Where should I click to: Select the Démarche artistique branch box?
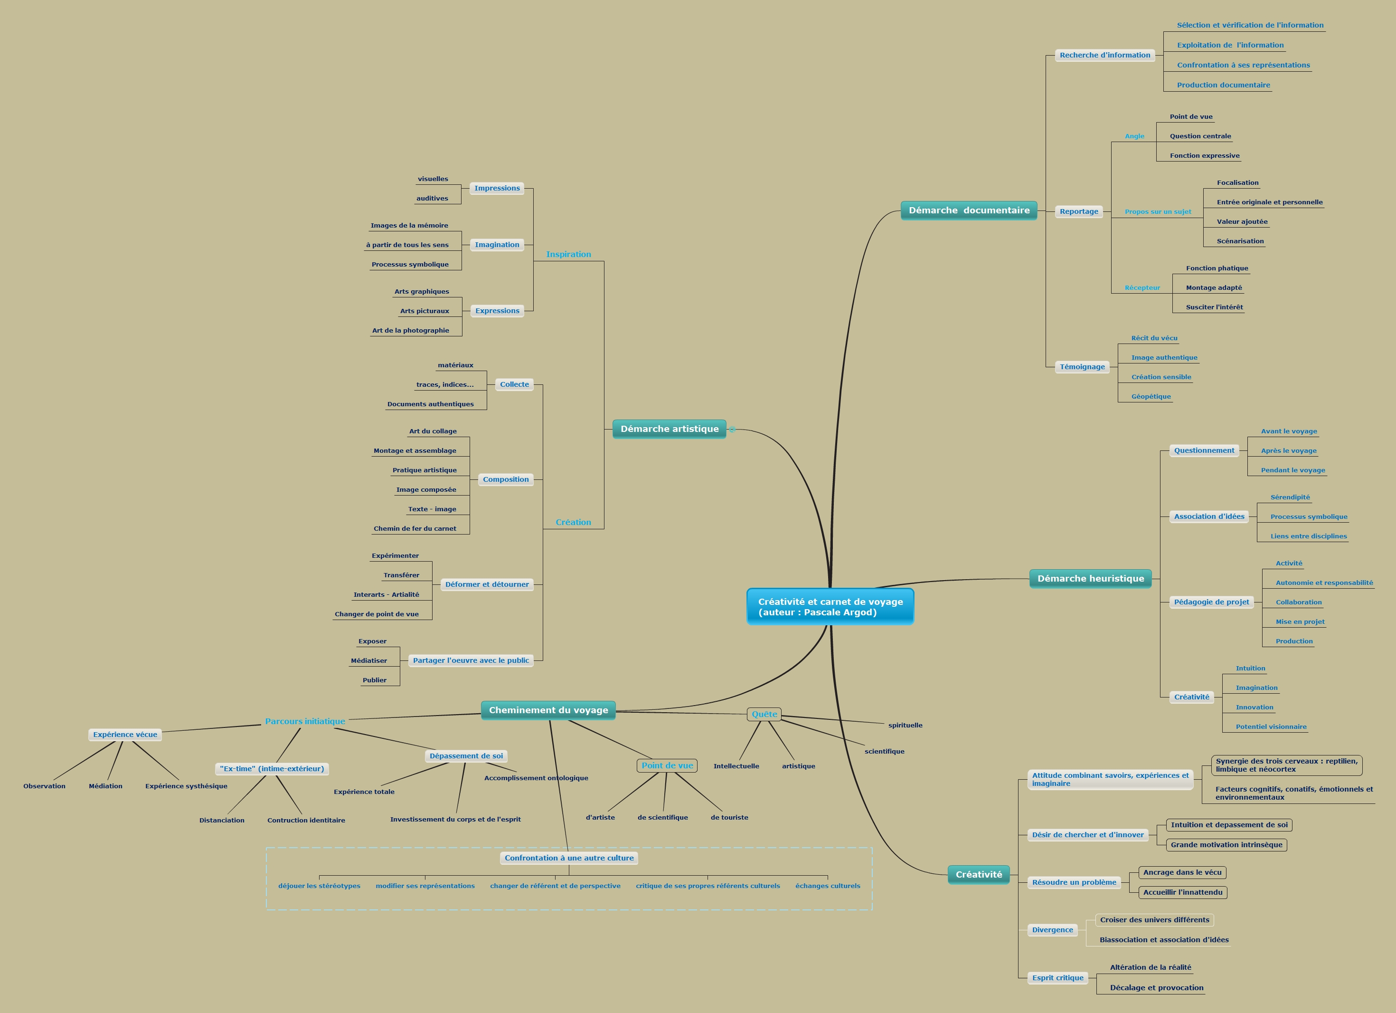point(669,429)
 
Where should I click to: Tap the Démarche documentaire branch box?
point(969,210)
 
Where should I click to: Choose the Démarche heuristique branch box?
point(1090,578)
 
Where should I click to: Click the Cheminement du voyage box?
point(548,710)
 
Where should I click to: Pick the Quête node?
point(764,714)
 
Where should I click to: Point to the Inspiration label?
point(568,254)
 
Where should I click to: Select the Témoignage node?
point(1082,367)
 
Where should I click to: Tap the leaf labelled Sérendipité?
point(1290,497)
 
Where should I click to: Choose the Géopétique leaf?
point(1151,397)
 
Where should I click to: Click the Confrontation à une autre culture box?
point(569,858)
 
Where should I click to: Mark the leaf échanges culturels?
point(827,886)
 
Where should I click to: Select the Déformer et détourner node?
point(487,584)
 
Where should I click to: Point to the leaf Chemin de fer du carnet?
point(415,528)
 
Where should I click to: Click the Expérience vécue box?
point(125,735)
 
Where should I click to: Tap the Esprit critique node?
point(1057,978)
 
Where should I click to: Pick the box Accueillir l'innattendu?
point(1182,892)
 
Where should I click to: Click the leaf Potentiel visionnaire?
point(1271,726)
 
